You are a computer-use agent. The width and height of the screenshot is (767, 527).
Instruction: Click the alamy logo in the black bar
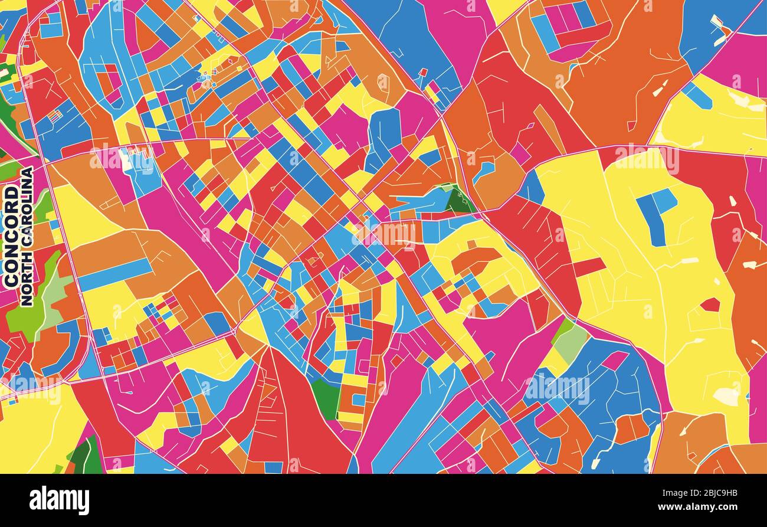(x=59, y=500)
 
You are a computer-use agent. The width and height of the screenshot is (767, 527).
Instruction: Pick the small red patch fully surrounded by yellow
(x=710, y=305)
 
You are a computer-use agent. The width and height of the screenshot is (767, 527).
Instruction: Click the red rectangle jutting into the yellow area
(x=589, y=267)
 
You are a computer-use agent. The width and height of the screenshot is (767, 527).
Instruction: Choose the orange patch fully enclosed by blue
(x=630, y=427)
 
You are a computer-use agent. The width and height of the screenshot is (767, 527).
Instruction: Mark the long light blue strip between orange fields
(x=115, y=275)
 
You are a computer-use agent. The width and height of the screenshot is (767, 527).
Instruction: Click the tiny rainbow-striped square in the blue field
(x=54, y=116)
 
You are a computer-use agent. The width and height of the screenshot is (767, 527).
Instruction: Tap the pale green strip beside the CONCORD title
(x=57, y=292)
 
